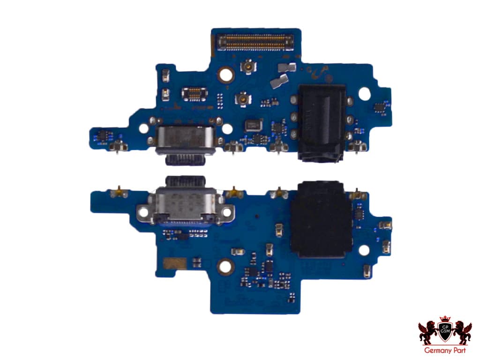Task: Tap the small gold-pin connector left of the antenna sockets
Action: pos(194,93)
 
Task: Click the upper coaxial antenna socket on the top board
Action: pos(246,68)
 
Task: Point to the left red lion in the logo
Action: pos(427,332)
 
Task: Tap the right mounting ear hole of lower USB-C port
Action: pos(227,212)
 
